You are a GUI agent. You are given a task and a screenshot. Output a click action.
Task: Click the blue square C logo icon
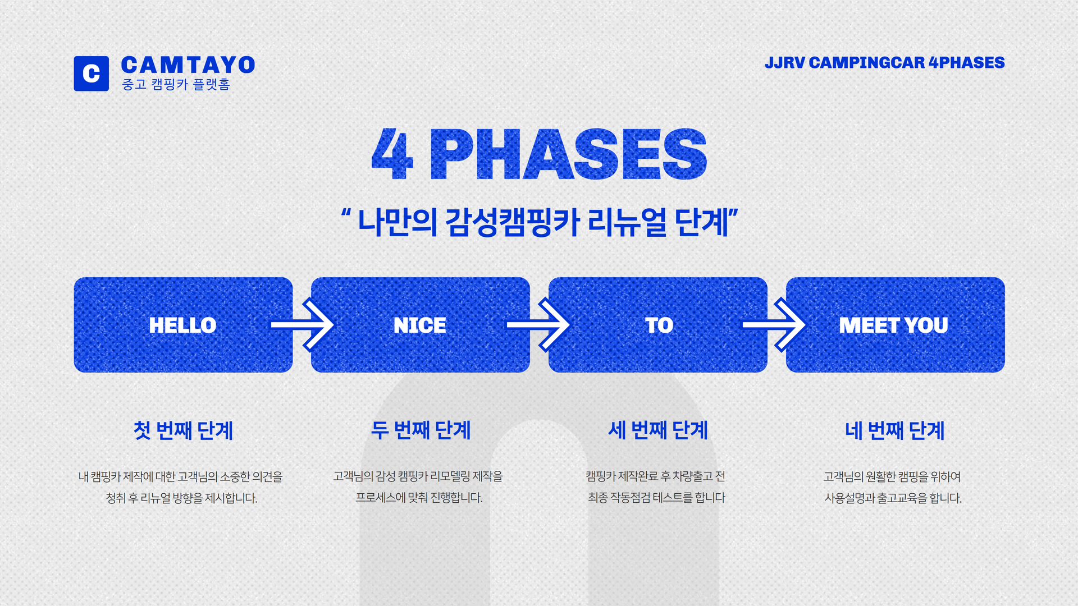pyautogui.click(x=92, y=74)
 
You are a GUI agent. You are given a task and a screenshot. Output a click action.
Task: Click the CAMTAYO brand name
pyautogui.click(x=188, y=65)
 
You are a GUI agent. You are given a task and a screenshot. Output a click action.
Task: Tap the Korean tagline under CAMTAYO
pyautogui.click(x=176, y=84)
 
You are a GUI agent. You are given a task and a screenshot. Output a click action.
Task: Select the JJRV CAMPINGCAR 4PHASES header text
pyautogui.click(x=884, y=62)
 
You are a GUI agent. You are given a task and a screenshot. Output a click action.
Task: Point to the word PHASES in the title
pyautogui.click(x=568, y=154)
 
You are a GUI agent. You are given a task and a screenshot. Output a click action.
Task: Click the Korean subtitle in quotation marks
pyautogui.click(x=539, y=222)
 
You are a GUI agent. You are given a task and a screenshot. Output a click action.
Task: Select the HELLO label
pyautogui.click(x=182, y=325)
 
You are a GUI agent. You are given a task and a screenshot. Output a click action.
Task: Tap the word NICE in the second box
pyautogui.click(x=420, y=325)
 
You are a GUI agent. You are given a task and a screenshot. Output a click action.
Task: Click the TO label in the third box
pyautogui.click(x=659, y=325)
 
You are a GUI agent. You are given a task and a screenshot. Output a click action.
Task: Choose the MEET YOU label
pyautogui.click(x=893, y=325)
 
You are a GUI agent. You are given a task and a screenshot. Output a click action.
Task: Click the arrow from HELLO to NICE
pyautogui.click(x=302, y=325)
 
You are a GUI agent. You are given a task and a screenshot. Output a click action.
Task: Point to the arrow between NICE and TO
pyautogui.click(x=538, y=325)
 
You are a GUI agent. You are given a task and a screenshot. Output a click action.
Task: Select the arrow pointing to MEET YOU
pyautogui.click(x=774, y=325)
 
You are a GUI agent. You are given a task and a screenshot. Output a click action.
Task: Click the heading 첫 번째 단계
pyautogui.click(x=183, y=430)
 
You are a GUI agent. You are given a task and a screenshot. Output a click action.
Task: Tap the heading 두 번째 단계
pyautogui.click(x=421, y=430)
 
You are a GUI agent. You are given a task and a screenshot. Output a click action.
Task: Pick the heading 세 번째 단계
pyautogui.click(x=658, y=430)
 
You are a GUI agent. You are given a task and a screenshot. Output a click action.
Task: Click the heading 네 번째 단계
pyautogui.click(x=895, y=430)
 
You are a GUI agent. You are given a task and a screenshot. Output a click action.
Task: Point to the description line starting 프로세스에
pyautogui.click(x=419, y=498)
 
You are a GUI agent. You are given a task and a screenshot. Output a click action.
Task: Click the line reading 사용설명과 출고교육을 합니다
pyautogui.click(x=893, y=498)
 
